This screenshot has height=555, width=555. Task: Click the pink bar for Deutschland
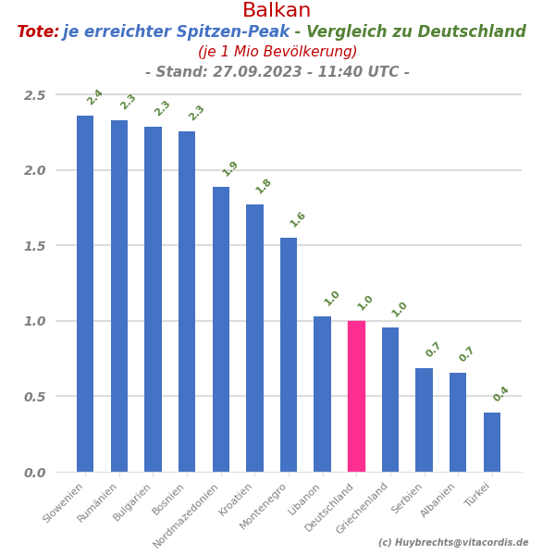(x=356, y=396)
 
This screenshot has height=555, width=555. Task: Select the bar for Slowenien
(x=85, y=293)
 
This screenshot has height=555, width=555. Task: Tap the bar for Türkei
(x=492, y=442)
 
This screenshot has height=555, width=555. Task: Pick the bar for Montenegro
(x=289, y=354)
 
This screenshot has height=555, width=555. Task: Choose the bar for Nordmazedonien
(x=221, y=329)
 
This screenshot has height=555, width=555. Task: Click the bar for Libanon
(x=322, y=394)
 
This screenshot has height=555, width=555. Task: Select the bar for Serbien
(x=424, y=420)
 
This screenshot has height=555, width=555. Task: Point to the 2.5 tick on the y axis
(x=35, y=95)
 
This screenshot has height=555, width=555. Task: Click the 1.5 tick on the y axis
(x=35, y=246)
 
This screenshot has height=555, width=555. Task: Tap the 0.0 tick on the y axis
(x=35, y=473)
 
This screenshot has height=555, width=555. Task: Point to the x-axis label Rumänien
(x=98, y=502)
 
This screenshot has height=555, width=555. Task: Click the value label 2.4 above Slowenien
(x=94, y=97)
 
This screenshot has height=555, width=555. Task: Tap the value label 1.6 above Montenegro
(x=298, y=219)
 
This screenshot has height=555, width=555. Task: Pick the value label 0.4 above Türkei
(x=501, y=394)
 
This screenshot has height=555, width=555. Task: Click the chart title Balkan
(x=277, y=11)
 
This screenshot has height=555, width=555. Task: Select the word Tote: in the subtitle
(x=38, y=32)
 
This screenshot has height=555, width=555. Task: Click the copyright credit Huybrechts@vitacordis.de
(x=453, y=543)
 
